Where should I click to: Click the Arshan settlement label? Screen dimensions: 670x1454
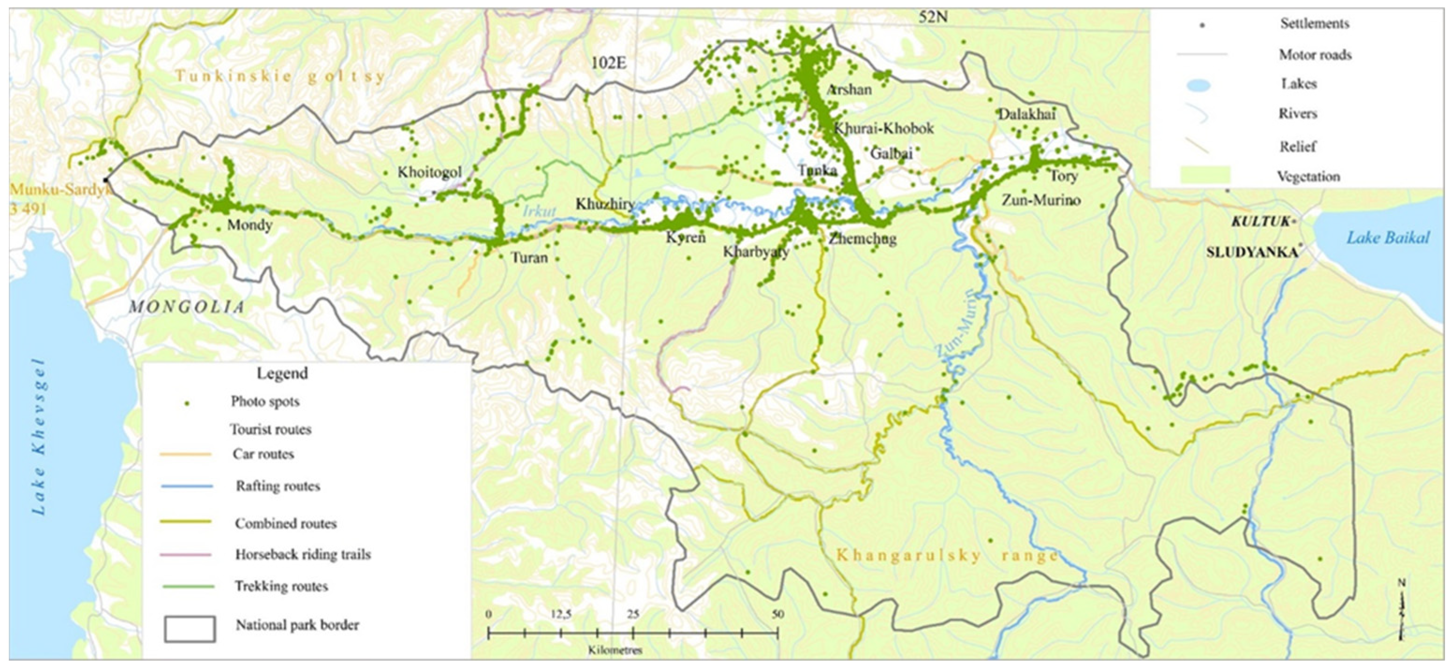pos(849,90)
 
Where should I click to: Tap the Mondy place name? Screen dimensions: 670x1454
pos(249,225)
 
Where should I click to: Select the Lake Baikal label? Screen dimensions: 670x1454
pos(1388,238)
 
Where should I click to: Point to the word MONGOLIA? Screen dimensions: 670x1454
pos(187,307)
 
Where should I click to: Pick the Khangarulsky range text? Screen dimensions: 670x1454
pos(947,555)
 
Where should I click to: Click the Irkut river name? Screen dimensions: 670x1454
pos(539,211)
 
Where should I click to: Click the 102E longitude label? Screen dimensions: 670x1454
pos(608,63)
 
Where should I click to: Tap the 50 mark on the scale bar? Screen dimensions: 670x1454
pos(777,614)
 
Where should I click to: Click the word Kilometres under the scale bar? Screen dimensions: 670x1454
pos(614,650)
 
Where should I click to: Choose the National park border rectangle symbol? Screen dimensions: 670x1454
pos(190,629)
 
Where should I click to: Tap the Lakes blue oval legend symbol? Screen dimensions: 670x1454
pos(1195,85)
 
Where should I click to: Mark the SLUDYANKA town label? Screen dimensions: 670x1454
pos(1251,252)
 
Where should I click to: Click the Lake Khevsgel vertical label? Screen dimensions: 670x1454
pos(39,436)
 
